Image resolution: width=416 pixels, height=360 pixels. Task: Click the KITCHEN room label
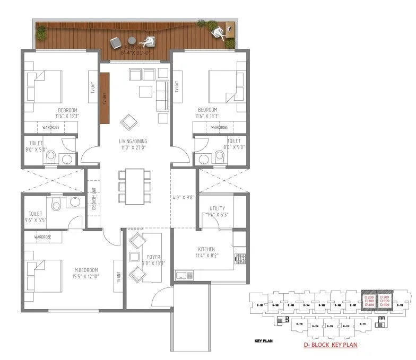(206, 249)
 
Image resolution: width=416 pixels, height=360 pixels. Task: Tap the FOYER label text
(154, 257)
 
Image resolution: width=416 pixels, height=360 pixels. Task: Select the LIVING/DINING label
(133, 141)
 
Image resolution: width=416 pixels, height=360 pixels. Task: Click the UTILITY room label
(217, 208)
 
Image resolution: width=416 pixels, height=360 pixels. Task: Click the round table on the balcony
(132, 40)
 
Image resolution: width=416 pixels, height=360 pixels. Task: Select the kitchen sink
(184, 275)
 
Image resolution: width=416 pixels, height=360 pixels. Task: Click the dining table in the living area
(135, 186)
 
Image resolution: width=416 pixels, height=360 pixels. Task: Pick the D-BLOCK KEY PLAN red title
(331, 345)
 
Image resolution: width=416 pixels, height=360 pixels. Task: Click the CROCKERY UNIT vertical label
(94, 199)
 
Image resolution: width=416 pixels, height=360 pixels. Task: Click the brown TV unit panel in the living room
(104, 98)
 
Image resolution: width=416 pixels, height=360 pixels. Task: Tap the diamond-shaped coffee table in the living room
(128, 122)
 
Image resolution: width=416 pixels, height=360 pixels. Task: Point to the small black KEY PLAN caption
(263, 341)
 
